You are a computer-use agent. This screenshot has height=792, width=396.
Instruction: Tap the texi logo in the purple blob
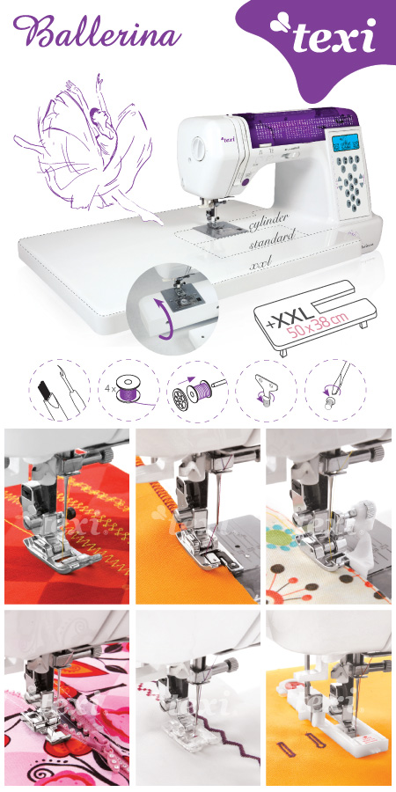[324, 35]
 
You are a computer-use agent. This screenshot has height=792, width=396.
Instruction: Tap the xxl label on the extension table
[260, 262]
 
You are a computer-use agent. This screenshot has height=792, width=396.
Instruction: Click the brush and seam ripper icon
[60, 390]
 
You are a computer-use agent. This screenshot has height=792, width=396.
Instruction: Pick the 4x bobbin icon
[128, 390]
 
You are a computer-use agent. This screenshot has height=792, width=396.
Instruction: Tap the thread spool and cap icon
[197, 390]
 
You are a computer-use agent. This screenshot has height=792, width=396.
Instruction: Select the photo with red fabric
[67, 517]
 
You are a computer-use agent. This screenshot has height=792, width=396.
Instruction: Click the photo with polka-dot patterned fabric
[329, 517]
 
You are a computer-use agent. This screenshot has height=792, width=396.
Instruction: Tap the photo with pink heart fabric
[67, 698]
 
